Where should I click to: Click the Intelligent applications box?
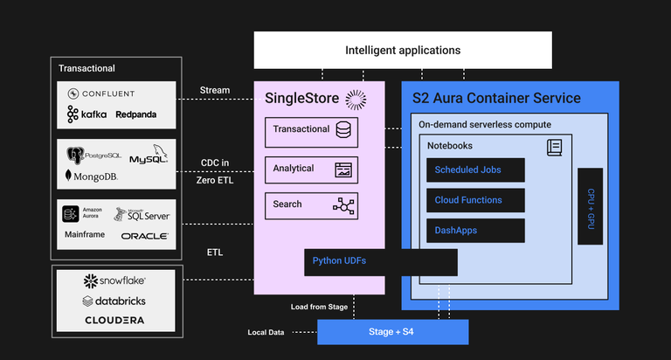(x=403, y=50)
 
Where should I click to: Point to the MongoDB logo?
(x=91, y=176)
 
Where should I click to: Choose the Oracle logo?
(x=144, y=236)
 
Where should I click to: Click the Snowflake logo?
(x=114, y=280)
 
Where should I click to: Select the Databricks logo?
(x=114, y=301)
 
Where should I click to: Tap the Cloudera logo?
(x=114, y=321)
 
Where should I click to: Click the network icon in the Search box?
(x=343, y=205)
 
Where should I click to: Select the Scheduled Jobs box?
(x=475, y=170)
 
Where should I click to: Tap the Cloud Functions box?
(x=475, y=200)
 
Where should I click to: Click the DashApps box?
(x=475, y=231)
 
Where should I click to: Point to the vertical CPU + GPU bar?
(x=590, y=206)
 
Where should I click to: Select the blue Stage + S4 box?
(x=392, y=332)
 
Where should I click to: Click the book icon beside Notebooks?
(x=554, y=148)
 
